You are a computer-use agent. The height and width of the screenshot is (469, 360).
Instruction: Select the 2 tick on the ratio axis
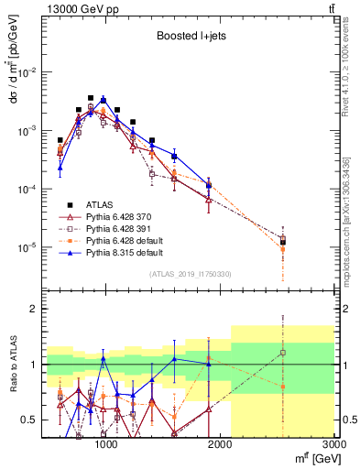[x=32, y=309]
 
